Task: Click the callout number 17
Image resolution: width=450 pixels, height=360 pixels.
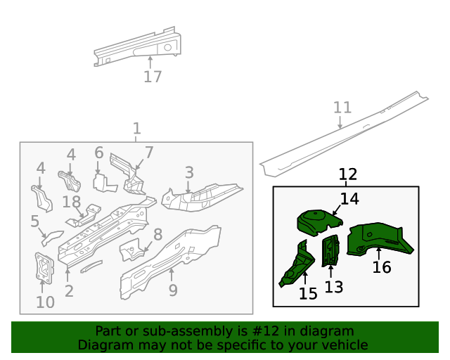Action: (x=153, y=77)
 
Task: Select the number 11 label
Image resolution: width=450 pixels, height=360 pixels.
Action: (x=342, y=108)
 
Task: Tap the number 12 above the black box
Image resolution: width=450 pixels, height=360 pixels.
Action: (x=347, y=174)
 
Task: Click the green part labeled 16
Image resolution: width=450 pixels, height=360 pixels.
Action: (x=380, y=238)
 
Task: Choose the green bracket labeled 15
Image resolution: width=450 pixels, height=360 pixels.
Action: (x=297, y=264)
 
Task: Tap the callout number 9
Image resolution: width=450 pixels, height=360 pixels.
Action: (x=173, y=290)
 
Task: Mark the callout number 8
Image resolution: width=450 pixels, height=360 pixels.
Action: (x=158, y=235)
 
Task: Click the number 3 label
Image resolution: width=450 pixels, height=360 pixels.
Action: (x=189, y=173)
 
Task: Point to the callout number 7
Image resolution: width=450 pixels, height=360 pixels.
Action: (x=148, y=153)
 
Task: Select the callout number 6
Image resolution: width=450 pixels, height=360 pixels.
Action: (x=99, y=153)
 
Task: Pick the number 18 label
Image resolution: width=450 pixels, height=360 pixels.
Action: (x=72, y=202)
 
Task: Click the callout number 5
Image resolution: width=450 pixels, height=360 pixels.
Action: (x=34, y=222)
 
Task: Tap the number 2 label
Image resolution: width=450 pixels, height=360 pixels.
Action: (x=69, y=291)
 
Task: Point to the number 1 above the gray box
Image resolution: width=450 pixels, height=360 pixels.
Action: (x=136, y=129)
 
